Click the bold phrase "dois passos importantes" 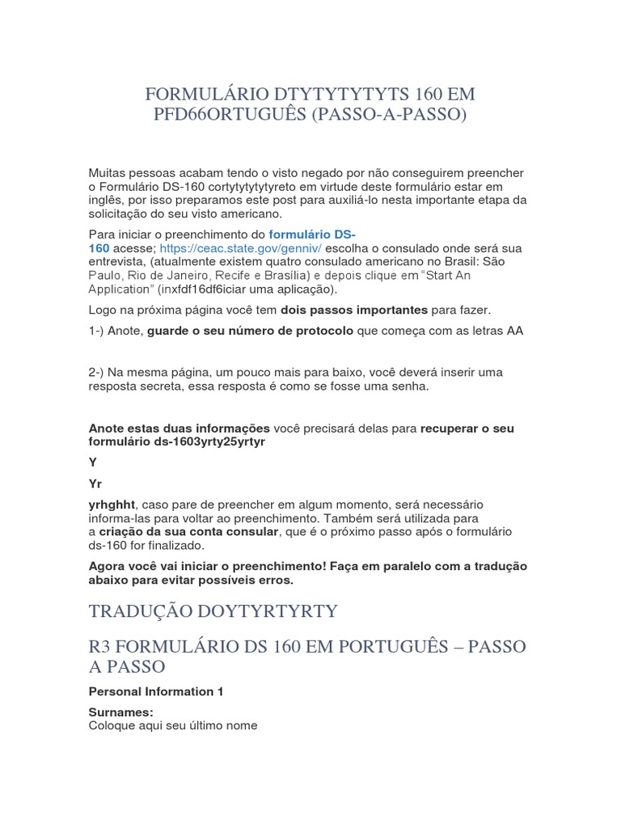(353, 310)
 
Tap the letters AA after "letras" (515, 331)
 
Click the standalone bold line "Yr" (95, 484)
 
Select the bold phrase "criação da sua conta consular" (188, 531)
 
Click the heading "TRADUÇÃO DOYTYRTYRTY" (213, 610)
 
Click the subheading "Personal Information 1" (155, 691)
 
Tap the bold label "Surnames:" (120, 712)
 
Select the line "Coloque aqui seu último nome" (173, 726)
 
